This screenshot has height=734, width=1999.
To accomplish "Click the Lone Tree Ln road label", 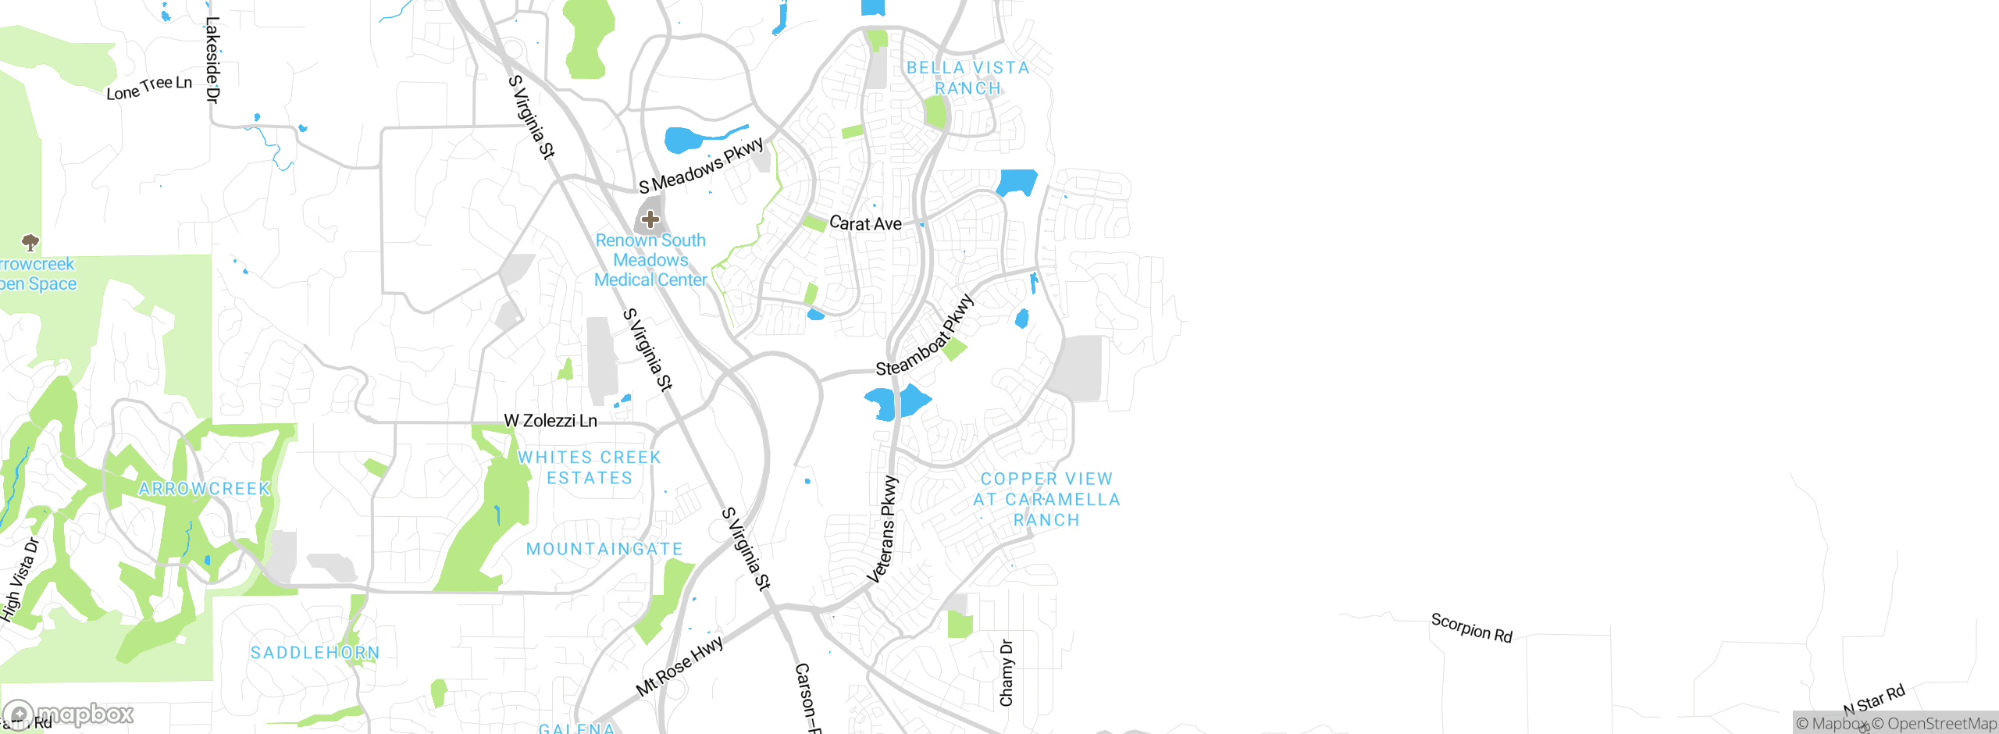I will click(x=149, y=87).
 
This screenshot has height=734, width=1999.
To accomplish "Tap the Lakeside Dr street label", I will click(x=212, y=60).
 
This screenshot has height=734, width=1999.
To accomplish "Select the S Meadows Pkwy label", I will click(x=701, y=166).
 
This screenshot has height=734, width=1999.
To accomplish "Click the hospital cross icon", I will click(x=650, y=219).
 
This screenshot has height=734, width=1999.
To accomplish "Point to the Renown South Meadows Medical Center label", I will click(x=650, y=260).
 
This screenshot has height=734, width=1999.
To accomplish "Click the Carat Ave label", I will click(x=865, y=223).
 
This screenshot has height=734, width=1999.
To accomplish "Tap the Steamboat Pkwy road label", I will click(x=925, y=335).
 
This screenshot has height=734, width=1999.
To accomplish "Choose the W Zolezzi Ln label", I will click(x=551, y=421).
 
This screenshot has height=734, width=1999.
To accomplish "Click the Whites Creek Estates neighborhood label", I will click(x=590, y=468).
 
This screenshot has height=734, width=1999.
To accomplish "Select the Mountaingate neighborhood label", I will click(x=604, y=549).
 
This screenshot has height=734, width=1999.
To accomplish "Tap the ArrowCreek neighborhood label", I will click(x=205, y=489).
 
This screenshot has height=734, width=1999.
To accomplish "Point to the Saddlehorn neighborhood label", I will click(x=315, y=653).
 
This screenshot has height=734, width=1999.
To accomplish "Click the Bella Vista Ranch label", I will click(x=968, y=78).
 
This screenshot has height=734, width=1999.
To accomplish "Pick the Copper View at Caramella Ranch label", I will click(x=1046, y=499).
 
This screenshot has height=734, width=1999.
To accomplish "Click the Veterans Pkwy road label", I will click(x=884, y=529).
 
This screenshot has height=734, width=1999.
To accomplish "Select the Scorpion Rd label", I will click(x=1472, y=628).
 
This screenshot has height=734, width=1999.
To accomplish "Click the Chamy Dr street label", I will click(x=1007, y=673).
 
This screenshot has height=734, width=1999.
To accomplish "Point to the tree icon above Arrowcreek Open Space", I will click(x=30, y=242).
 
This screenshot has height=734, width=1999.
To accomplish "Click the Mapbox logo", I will click(x=69, y=714).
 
